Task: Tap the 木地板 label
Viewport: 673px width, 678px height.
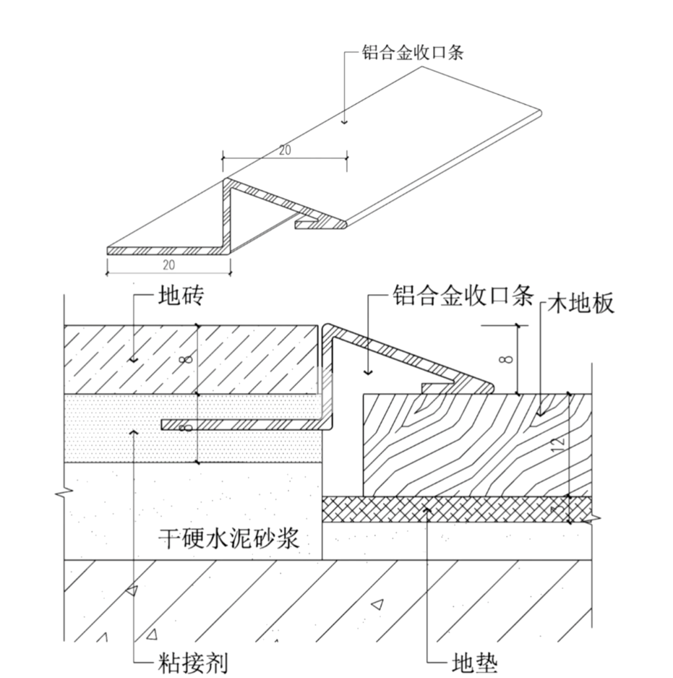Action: pos(581,303)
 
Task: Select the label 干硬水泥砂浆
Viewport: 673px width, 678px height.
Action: pos(229,536)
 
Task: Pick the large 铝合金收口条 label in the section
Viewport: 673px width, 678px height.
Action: pos(462,294)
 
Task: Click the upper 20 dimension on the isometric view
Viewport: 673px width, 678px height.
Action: pos(285,149)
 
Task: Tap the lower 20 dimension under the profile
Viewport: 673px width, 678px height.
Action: pos(168,265)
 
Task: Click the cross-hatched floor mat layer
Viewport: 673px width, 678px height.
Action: pos(455,509)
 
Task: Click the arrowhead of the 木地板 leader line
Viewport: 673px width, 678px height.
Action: pos(541,412)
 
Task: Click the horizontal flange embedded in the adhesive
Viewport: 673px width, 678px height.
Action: pos(243,425)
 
